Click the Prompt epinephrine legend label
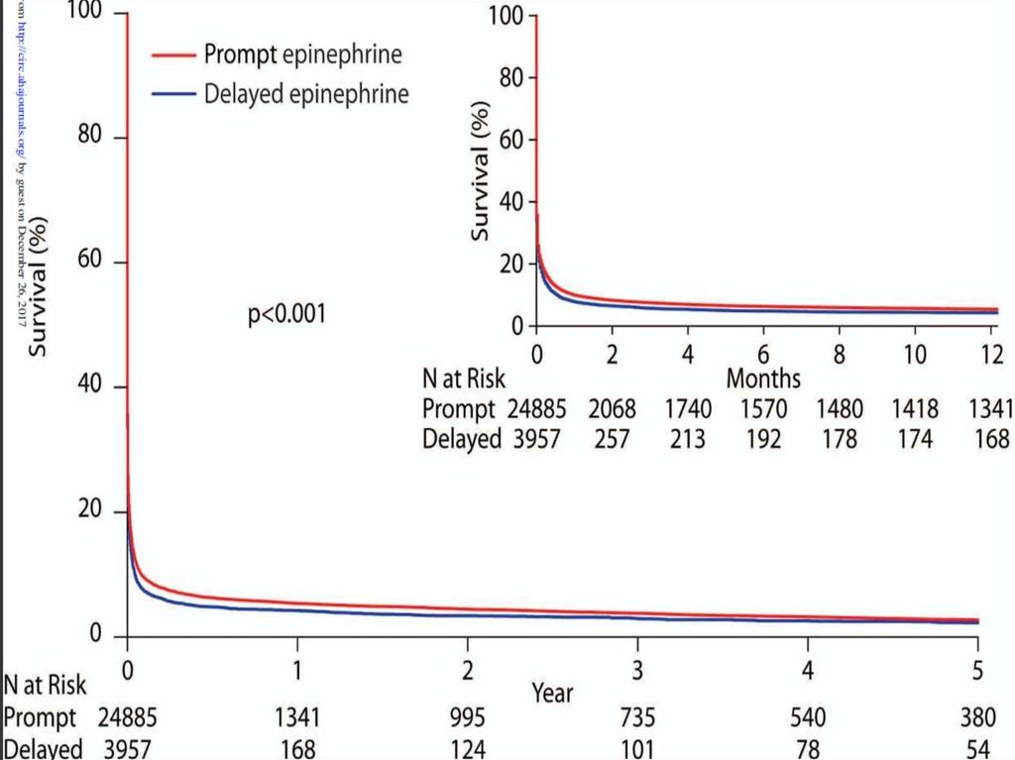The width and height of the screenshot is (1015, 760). (x=302, y=54)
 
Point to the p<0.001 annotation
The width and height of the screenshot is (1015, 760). (x=286, y=315)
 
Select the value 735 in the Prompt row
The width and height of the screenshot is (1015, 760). (x=638, y=717)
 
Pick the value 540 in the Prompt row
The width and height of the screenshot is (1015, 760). (x=809, y=717)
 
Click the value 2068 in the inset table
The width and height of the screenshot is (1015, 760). (x=612, y=408)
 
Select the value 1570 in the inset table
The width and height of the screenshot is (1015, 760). (x=763, y=408)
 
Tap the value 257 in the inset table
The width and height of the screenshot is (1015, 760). (x=612, y=438)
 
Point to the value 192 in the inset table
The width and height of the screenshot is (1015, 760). (x=763, y=438)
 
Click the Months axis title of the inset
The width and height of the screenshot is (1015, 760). (x=763, y=378)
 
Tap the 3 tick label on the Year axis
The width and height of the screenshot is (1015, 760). (x=638, y=671)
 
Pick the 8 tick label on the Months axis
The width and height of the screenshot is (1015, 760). (x=839, y=354)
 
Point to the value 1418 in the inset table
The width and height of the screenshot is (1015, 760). (x=914, y=408)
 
